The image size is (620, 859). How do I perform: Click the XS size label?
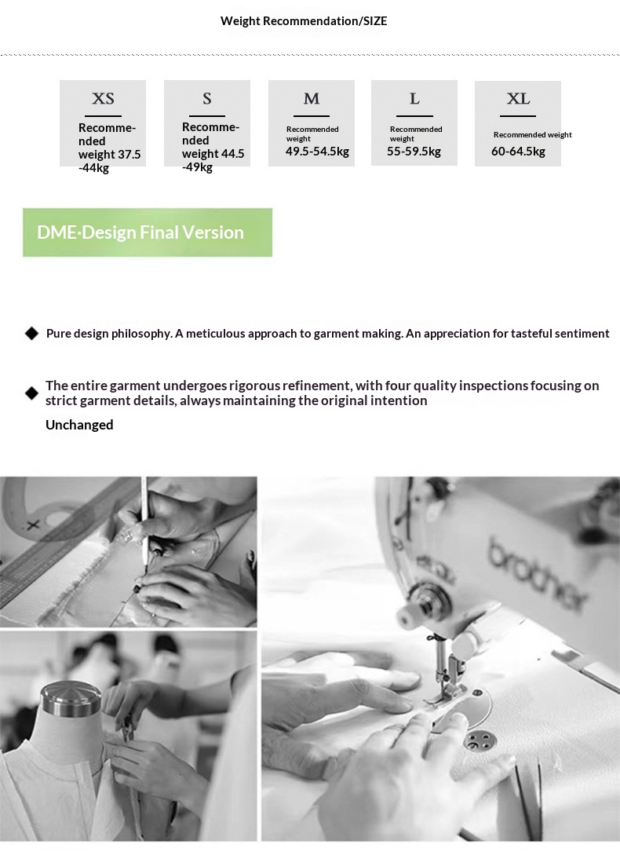click(x=103, y=99)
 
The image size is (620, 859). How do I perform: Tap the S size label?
click(x=207, y=99)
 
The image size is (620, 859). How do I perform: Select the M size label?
click(x=311, y=99)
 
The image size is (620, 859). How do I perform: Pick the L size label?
click(x=414, y=99)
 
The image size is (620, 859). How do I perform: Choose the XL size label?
click(x=518, y=99)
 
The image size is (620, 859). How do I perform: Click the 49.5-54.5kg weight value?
click(x=317, y=152)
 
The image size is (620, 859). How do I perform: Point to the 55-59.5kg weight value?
click(x=414, y=152)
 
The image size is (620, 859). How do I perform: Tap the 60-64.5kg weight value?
click(x=518, y=152)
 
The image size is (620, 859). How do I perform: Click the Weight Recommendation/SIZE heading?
click(x=304, y=21)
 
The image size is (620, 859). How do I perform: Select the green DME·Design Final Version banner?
click(x=148, y=232)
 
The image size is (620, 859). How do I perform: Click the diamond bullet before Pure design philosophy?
click(x=31, y=333)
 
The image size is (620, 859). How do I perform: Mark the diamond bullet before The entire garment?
click(x=31, y=393)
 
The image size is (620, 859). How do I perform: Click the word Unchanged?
click(x=79, y=425)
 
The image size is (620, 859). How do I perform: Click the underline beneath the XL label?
click(x=517, y=116)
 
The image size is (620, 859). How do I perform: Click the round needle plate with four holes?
click(x=480, y=742)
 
